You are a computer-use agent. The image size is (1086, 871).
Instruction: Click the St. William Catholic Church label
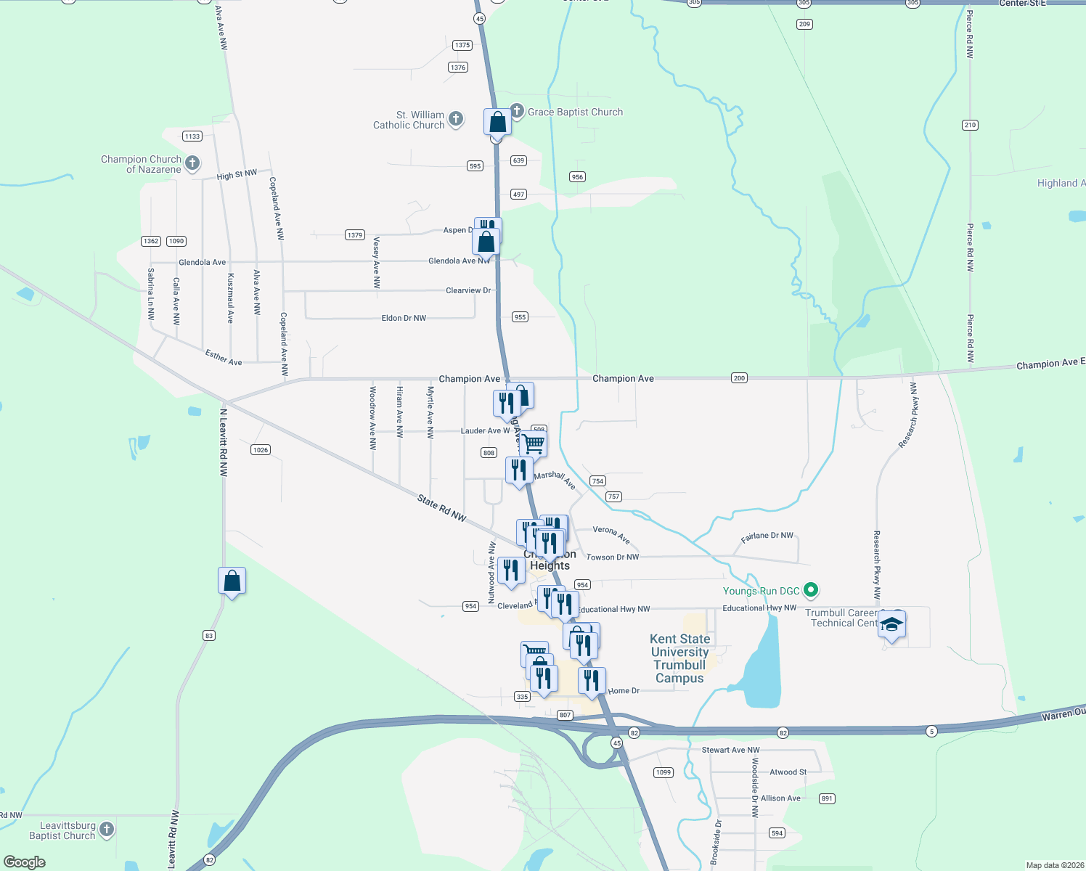pos(409,120)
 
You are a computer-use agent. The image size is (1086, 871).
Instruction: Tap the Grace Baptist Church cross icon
pos(517,111)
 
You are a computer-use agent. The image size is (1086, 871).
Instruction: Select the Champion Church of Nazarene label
pos(142,164)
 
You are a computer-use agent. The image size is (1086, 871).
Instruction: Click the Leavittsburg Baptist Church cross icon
pos(107,829)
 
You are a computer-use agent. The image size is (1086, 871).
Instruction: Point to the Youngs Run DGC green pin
pos(812,591)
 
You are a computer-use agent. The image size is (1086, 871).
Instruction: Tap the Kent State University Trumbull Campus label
pos(679,658)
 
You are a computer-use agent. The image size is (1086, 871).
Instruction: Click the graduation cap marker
pos(891,624)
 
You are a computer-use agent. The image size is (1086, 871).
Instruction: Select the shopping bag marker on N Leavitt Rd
pos(232,581)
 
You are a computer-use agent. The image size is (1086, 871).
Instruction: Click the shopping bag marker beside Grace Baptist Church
pos(497,122)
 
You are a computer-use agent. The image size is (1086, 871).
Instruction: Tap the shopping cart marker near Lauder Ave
pos(534,443)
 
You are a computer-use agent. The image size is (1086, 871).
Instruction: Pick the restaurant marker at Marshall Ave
pos(518,470)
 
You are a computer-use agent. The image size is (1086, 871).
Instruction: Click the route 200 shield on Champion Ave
pos(739,377)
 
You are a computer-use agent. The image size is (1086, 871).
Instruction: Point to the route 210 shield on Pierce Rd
pos(970,125)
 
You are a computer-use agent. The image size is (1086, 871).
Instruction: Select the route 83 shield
pos(209,635)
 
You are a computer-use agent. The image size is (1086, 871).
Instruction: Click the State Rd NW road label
pos(441,507)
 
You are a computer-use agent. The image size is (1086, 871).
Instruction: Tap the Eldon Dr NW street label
pos(404,318)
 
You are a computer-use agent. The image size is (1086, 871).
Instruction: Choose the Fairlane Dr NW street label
pos(767,536)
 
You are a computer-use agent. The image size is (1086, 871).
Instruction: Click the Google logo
pos(25,862)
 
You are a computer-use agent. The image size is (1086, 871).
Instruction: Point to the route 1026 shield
pos(261,450)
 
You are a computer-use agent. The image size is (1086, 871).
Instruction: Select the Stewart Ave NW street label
pos(730,750)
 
